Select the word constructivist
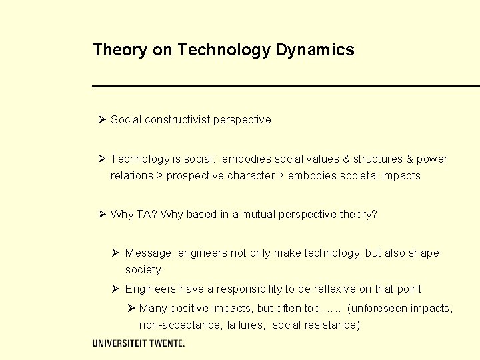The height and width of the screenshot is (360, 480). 177,120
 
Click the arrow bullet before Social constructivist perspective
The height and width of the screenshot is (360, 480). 102,119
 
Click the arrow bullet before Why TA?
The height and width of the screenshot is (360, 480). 102,214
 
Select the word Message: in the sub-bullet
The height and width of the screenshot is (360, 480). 149,253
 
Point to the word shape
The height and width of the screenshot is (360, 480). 424,253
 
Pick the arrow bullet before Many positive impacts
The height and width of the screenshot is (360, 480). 131,308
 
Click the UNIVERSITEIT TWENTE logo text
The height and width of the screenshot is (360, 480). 139,343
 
